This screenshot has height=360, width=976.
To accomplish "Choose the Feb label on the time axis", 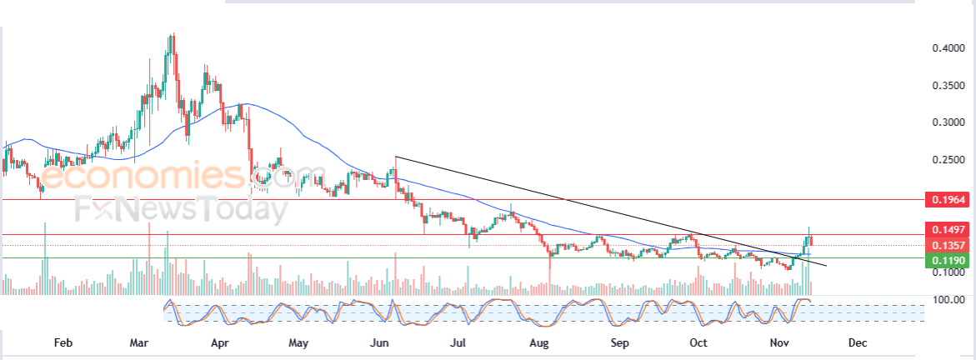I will pos(63,342).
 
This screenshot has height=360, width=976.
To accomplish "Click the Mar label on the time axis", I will pos(141,342).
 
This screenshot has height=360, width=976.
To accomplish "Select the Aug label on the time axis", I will pos(539,342).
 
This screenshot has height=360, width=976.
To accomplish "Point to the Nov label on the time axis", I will pos(778,342).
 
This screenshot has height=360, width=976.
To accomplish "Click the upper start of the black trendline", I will pos(395,157).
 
